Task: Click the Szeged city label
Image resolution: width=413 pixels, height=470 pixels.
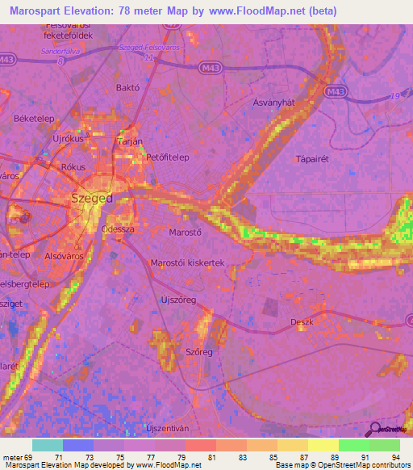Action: click(91, 198)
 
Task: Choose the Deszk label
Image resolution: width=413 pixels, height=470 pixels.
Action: click(301, 323)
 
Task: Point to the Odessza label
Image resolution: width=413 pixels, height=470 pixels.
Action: click(117, 229)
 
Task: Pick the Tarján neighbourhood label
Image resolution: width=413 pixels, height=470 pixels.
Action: click(129, 141)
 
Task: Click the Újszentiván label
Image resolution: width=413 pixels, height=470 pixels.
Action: click(171, 426)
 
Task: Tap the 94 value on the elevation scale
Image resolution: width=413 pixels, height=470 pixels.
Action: click(395, 458)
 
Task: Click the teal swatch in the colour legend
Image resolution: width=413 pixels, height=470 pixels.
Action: click(47, 445)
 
